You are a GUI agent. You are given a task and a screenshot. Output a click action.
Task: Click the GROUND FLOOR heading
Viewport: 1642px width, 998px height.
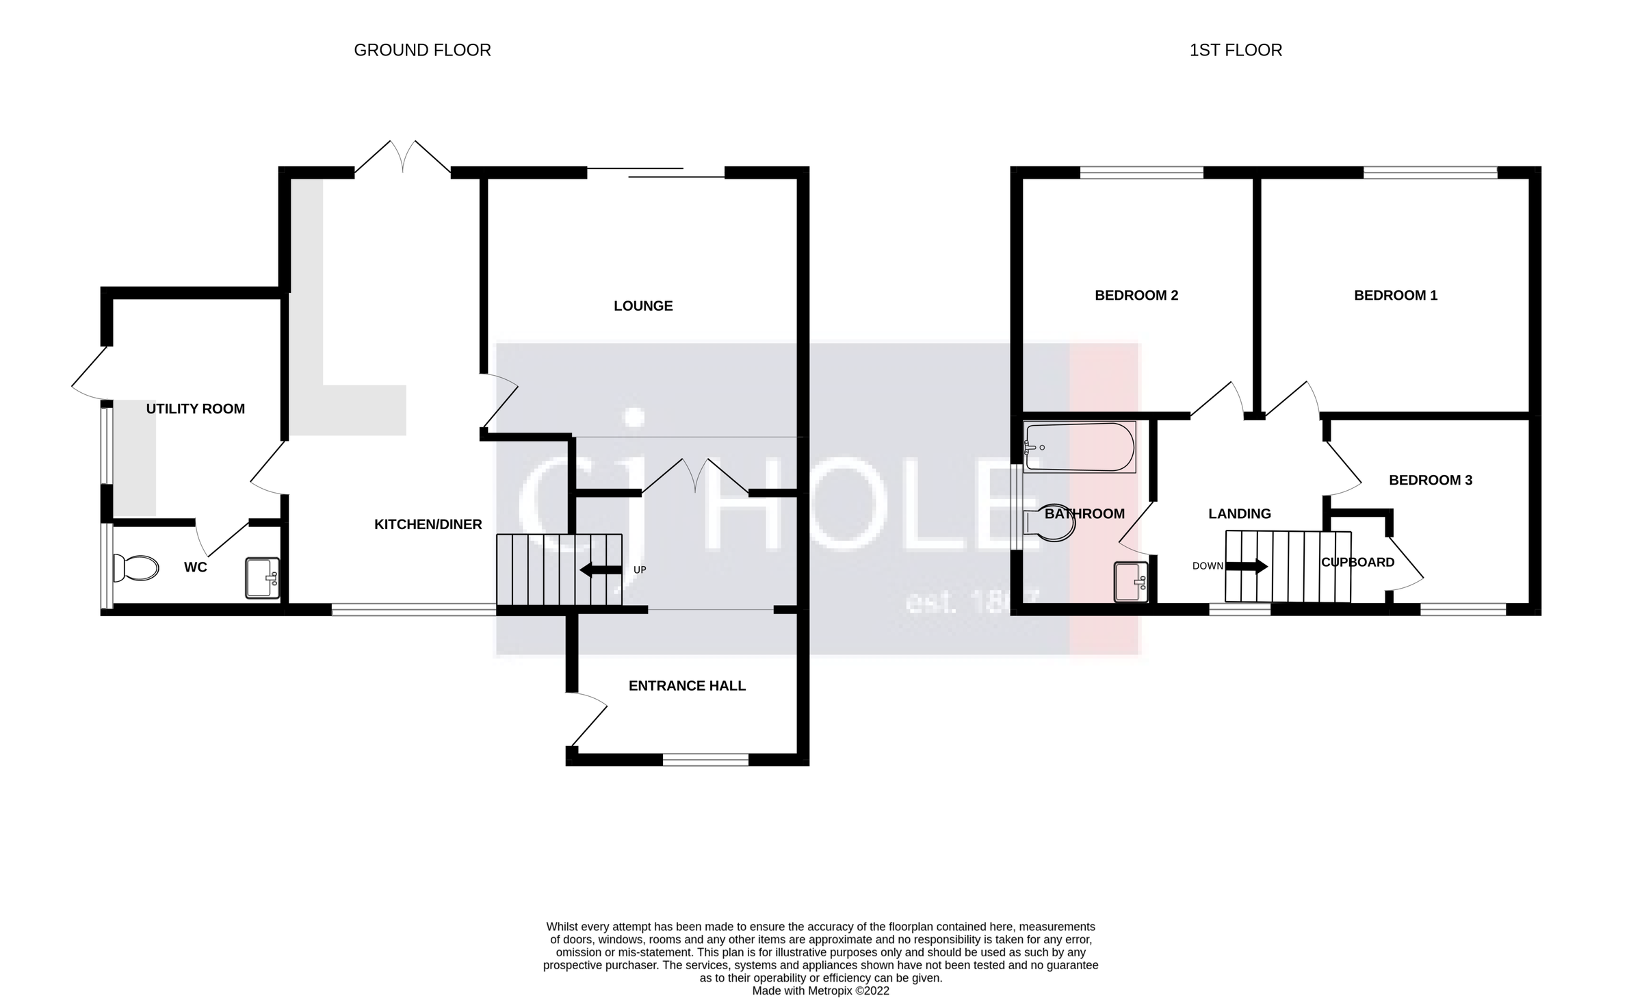click(422, 50)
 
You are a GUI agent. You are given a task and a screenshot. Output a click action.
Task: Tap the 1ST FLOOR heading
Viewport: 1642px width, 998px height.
click(1236, 50)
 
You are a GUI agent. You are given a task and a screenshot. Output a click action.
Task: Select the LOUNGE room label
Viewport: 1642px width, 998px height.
click(643, 306)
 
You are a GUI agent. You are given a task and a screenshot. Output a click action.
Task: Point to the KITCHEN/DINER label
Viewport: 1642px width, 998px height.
click(428, 524)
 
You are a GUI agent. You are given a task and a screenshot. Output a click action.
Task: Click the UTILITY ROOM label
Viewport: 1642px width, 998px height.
click(195, 409)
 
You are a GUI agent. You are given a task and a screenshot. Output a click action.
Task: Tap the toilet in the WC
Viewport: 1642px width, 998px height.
click(137, 567)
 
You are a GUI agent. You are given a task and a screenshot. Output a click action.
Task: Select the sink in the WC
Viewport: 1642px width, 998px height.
click(263, 578)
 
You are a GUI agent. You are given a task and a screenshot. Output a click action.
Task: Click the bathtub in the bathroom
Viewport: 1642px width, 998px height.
click(1079, 447)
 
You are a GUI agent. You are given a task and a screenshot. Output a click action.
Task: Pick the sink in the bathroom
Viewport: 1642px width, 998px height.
click(1131, 582)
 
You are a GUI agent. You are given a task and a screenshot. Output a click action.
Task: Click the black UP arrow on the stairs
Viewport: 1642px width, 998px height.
click(600, 570)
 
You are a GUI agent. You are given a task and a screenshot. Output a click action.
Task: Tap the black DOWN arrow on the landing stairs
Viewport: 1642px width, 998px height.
click(1246, 566)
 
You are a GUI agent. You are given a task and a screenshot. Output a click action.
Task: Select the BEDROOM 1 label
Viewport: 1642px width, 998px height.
click(1396, 295)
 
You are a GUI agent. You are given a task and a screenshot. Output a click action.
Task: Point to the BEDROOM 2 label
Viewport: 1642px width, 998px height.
click(1136, 295)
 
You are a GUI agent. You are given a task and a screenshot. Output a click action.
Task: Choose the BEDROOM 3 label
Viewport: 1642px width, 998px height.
click(1430, 480)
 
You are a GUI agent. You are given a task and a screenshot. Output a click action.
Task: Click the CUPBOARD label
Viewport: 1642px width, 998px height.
click(1357, 562)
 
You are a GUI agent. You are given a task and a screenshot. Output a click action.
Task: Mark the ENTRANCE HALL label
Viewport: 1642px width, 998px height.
click(687, 685)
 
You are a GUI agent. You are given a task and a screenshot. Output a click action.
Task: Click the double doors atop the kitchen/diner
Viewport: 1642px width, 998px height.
click(403, 157)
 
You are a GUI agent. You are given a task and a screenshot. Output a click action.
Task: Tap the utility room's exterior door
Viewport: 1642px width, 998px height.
click(90, 374)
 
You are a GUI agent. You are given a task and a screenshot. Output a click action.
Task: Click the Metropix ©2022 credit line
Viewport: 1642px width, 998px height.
click(820, 990)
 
